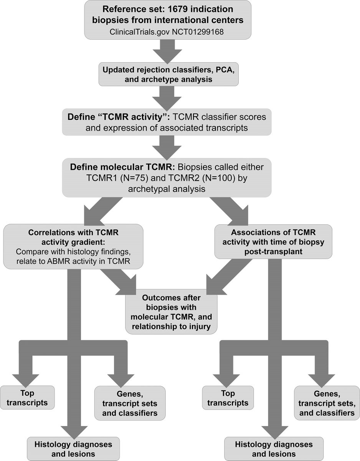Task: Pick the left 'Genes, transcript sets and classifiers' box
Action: (130, 403)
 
